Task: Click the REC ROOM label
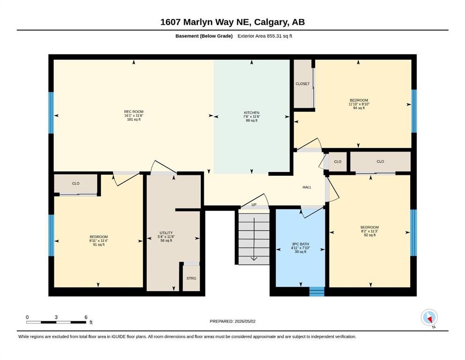pos(134,112)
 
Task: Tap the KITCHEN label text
pos(251,113)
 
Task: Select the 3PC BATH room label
pos(301,244)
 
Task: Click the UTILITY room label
pos(166,233)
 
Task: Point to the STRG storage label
pos(191,278)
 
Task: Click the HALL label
pos(307,187)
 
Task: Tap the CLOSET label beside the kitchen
pos(303,84)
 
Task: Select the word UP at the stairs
pos(254,205)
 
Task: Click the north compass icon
pos(429,317)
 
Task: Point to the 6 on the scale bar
pos(86,317)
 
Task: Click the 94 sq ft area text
pos(359,108)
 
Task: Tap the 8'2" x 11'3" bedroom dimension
pos(369,231)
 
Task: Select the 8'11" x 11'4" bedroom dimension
pos(99,241)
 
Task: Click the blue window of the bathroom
pos(317,292)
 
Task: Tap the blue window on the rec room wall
pos(51,113)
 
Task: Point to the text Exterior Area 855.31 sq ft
pos(265,36)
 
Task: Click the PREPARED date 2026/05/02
pos(245,321)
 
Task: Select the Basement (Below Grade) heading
pos(204,36)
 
